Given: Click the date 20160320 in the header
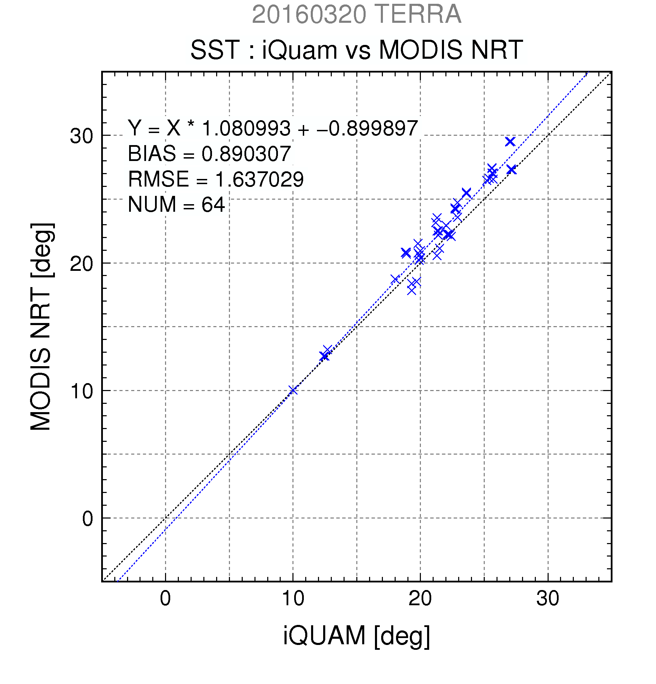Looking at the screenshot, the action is tap(309, 15).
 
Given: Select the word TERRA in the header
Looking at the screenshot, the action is tap(418, 15).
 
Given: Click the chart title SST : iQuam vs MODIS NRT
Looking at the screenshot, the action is tap(356, 49).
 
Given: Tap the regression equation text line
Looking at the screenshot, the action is tap(273, 128).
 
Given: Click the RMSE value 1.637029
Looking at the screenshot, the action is tap(259, 179).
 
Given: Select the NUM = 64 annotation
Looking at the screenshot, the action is tap(176, 204).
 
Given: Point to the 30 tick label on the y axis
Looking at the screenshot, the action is tap(82, 136).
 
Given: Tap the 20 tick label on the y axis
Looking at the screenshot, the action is tap(82, 264).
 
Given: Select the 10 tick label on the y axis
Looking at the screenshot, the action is tap(82, 391).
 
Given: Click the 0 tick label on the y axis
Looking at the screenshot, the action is tap(88, 519).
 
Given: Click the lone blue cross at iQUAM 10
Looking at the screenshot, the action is tap(293, 390).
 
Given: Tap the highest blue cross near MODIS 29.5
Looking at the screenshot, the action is tap(510, 142).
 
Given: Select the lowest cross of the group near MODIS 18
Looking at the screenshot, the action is tap(412, 290).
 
